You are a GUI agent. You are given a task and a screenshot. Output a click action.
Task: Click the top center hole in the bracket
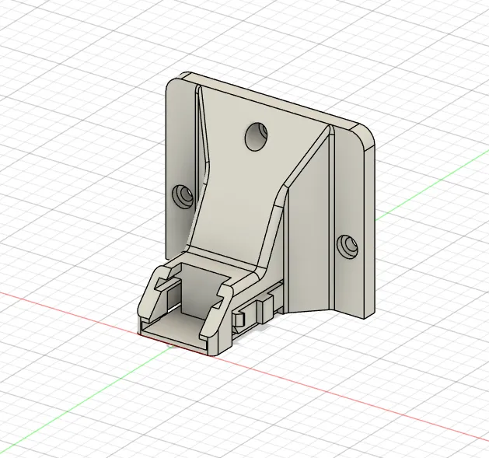[x=256, y=137]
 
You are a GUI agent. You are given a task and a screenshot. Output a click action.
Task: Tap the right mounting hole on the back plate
[x=346, y=246]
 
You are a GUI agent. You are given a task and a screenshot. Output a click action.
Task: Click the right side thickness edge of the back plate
[x=369, y=226]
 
